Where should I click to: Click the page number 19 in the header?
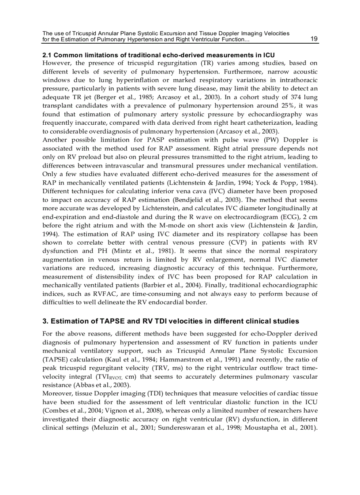point(314,39)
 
